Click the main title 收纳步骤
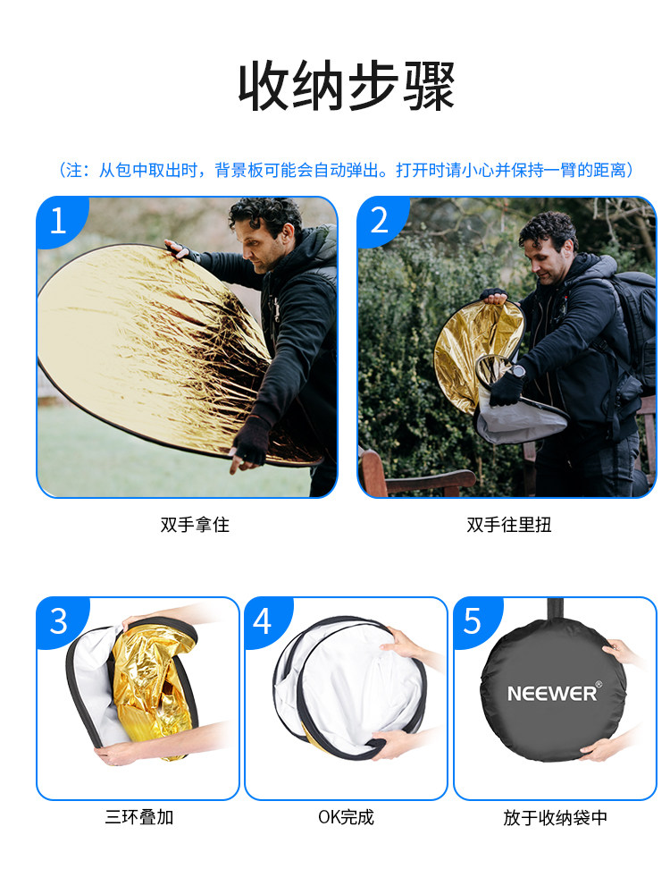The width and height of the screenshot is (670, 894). pyautogui.click(x=346, y=88)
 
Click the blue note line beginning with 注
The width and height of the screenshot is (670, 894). pyautogui.click(x=346, y=170)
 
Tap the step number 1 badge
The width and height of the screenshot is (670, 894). pyautogui.click(x=59, y=221)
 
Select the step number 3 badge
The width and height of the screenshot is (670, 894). pyautogui.click(x=59, y=621)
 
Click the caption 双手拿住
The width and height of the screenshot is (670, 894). pyautogui.click(x=195, y=525)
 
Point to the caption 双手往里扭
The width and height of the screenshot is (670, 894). pyautogui.click(x=509, y=525)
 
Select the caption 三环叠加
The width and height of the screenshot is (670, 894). pyautogui.click(x=139, y=817)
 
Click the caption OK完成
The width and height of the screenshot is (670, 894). pyautogui.click(x=346, y=817)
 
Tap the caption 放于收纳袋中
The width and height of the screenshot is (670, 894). pyautogui.click(x=555, y=818)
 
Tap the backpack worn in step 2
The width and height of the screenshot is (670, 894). pyautogui.click(x=632, y=331)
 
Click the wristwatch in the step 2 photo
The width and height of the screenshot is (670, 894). pyautogui.click(x=518, y=372)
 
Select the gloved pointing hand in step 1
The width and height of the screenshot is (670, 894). pyautogui.click(x=248, y=444)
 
